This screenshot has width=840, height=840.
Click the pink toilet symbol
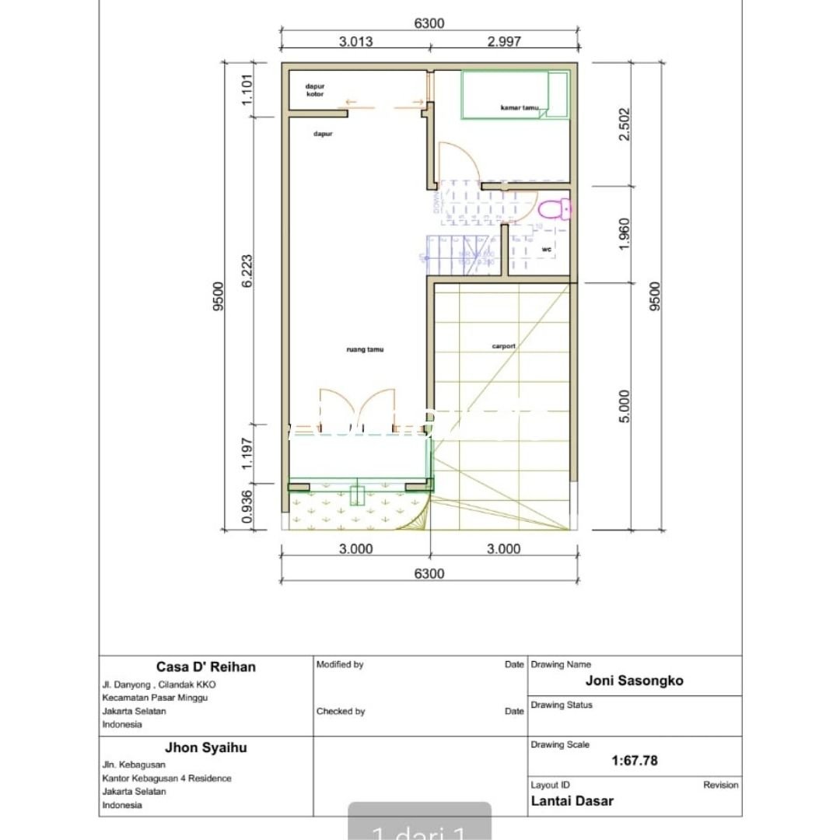555,209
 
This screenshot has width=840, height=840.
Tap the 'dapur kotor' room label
314,90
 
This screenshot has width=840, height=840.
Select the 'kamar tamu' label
520,108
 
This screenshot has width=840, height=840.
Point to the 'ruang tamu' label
365,350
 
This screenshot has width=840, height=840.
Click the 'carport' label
503,346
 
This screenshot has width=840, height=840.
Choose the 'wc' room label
546,249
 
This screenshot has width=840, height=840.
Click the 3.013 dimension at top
355,41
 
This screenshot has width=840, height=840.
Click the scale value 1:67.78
635,761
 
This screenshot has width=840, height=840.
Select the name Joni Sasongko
635,681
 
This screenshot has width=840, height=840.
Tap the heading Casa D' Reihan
205,667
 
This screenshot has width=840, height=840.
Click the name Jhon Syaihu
205,747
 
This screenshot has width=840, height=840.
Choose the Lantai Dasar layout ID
572,800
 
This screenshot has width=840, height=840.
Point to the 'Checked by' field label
341,711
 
